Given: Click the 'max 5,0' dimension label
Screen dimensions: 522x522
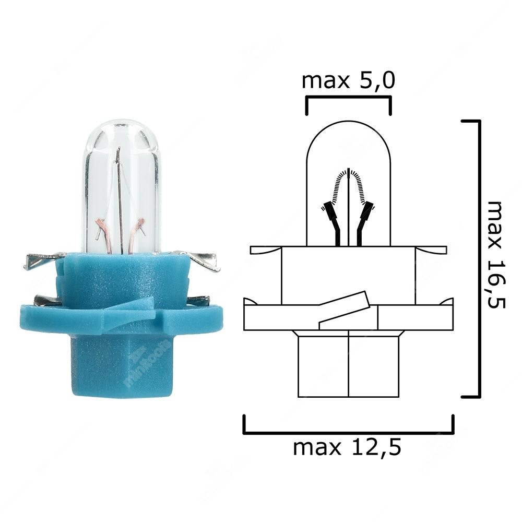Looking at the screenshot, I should (x=348, y=81).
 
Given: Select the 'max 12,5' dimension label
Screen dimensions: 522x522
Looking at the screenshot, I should (x=348, y=447).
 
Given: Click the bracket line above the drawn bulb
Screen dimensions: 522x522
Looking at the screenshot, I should (x=348, y=98).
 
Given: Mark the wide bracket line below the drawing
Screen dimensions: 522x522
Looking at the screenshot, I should (x=348, y=433).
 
